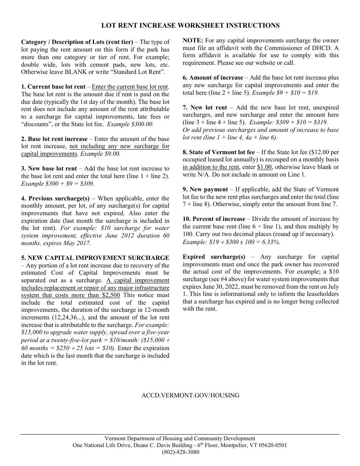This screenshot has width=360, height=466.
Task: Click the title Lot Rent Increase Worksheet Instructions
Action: click(x=190, y=25)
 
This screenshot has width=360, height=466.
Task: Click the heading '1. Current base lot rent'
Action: click(x=53, y=87)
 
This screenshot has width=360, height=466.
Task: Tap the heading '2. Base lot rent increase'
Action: click(x=54, y=139)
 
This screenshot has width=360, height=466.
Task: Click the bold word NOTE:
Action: click(x=193, y=41)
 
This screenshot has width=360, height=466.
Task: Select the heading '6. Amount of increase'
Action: click(x=213, y=78)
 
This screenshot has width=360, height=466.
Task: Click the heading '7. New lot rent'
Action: click(x=205, y=108)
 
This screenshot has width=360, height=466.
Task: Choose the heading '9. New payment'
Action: click(x=205, y=189)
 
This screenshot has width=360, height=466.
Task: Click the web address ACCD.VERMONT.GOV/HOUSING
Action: click(x=190, y=395)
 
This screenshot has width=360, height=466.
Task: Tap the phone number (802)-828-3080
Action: click(x=180, y=452)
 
